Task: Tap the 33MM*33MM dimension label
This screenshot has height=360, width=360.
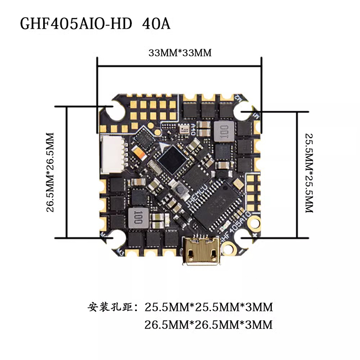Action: pos(180,53)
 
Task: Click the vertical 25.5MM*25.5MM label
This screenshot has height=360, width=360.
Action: pos(308,173)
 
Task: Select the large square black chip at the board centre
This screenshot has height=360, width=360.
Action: pos(173,159)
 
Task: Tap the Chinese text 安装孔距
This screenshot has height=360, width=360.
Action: pos(112,308)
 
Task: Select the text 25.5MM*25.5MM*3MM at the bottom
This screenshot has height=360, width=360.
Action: pos(209,308)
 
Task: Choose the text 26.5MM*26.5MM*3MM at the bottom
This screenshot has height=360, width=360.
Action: pos(209,324)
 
